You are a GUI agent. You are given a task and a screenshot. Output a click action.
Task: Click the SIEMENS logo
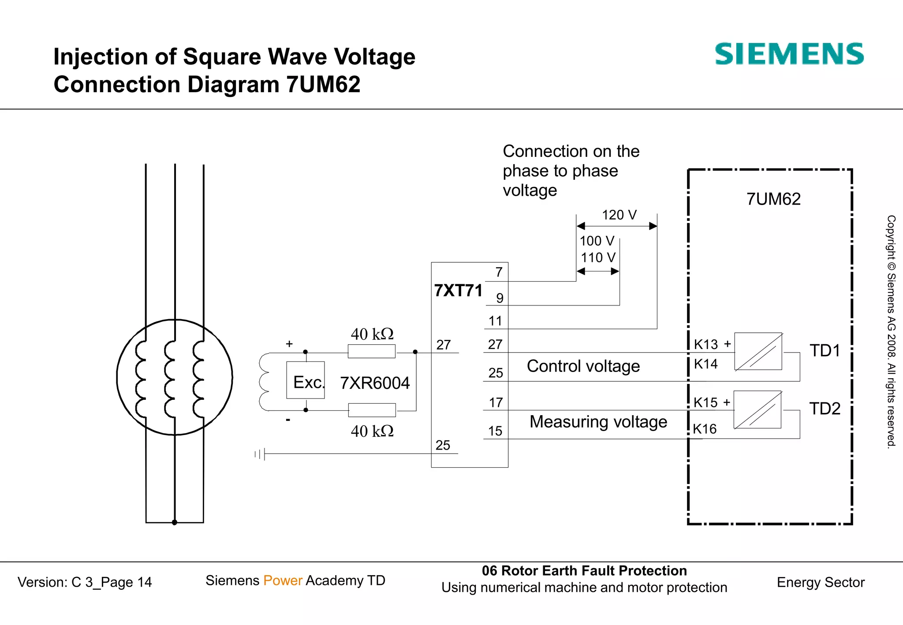(789, 54)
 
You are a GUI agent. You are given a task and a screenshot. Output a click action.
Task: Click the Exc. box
(306, 380)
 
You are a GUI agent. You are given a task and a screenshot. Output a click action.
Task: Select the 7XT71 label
(458, 290)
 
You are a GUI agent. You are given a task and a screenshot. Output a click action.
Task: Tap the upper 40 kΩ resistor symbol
(372, 351)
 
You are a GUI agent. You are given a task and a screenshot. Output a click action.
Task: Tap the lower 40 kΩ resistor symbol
(372, 410)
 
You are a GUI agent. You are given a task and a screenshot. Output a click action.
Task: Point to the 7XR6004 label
(375, 383)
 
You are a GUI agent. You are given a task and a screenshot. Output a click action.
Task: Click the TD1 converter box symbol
(758, 351)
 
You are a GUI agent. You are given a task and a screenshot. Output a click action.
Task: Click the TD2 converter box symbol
(757, 409)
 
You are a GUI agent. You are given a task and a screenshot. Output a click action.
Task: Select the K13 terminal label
(706, 344)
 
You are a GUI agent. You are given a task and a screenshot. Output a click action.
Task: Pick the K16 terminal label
(705, 429)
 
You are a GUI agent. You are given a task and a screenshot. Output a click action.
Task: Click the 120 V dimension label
(619, 215)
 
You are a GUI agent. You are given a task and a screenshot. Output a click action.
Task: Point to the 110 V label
(598, 257)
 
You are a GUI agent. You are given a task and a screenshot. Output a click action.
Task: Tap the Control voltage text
(583, 366)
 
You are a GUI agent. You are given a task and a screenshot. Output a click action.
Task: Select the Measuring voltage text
(598, 422)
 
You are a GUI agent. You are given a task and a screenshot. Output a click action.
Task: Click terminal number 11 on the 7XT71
(495, 321)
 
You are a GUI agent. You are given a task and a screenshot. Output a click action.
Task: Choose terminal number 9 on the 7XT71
(500, 298)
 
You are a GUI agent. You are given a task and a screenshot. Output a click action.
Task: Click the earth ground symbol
(260, 454)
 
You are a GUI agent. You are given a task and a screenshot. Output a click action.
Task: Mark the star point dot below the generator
(175, 522)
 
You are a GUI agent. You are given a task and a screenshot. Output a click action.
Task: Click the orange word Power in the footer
(283, 580)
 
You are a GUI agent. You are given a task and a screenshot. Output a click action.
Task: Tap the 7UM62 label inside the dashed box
(773, 199)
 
